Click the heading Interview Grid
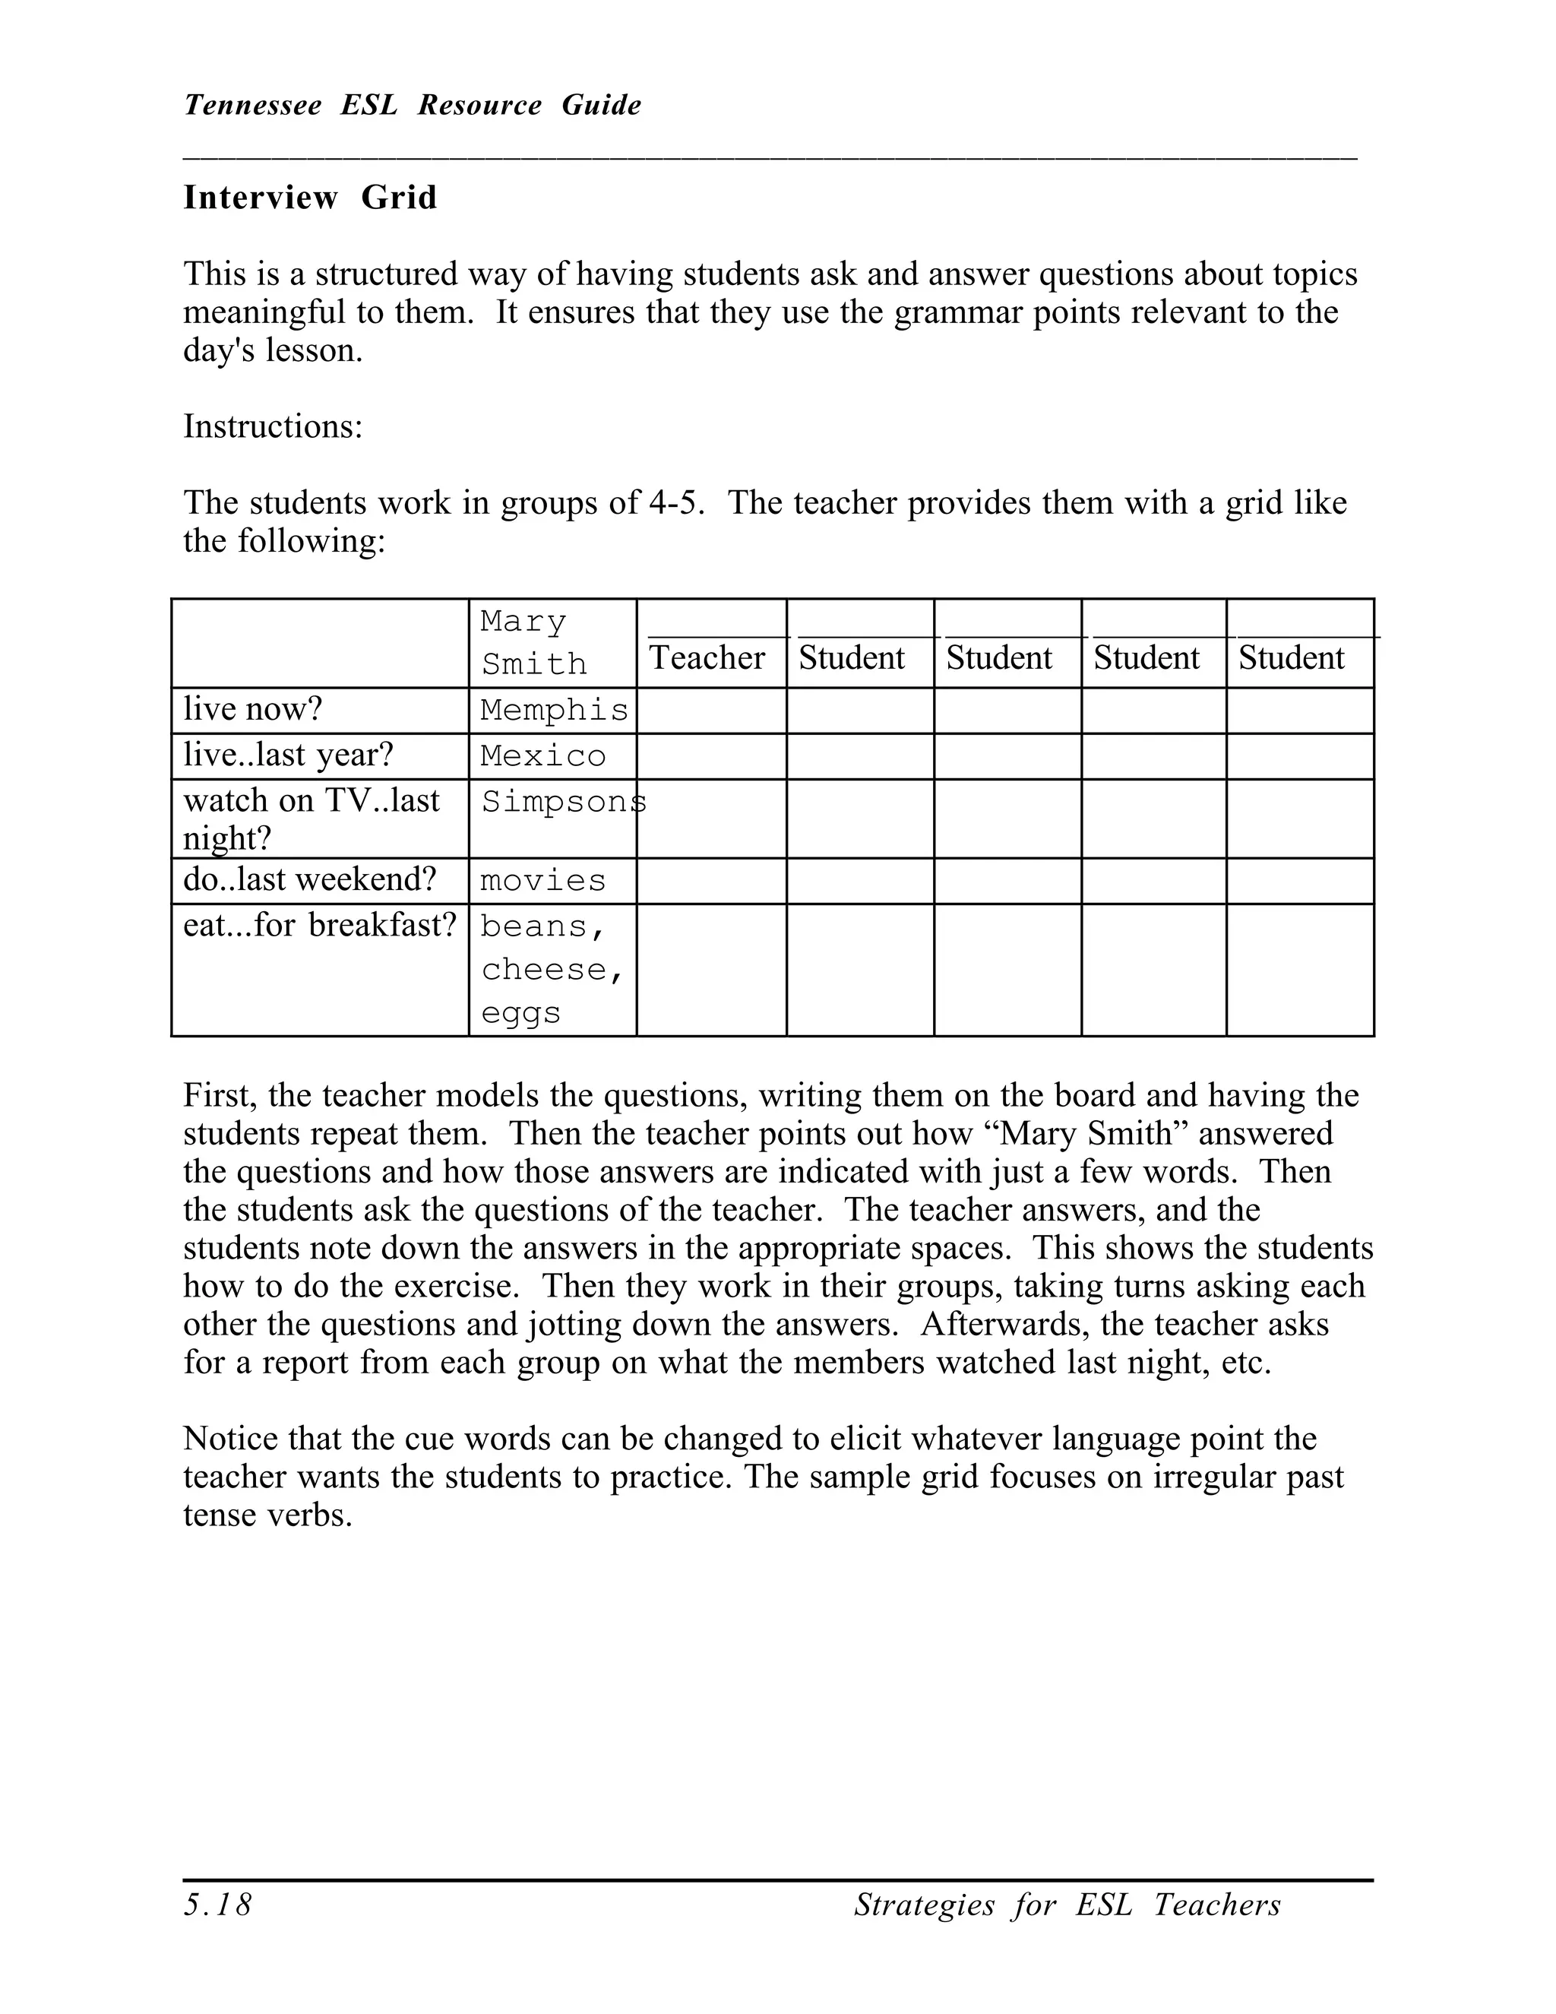(x=310, y=198)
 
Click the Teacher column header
(x=707, y=657)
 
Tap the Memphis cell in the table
(x=553, y=710)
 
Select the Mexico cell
(x=543, y=756)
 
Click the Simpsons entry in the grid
(x=562, y=803)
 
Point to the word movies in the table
(x=543, y=881)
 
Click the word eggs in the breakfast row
(x=520, y=1013)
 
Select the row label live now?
(x=252, y=709)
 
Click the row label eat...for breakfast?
(x=320, y=925)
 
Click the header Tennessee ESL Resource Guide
(x=412, y=105)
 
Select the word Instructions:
(x=273, y=426)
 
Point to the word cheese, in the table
(x=552, y=969)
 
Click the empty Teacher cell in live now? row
(x=710, y=710)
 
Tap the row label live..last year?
(x=288, y=755)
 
